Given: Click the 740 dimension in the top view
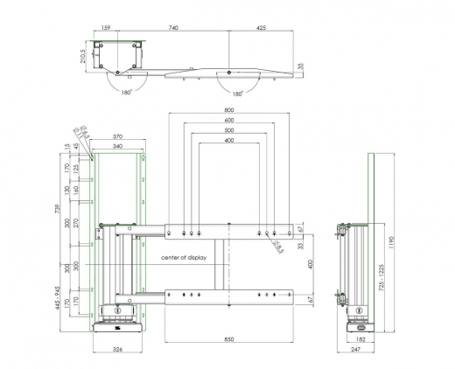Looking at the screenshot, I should tap(173, 29).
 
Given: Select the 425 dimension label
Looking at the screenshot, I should tap(262, 29).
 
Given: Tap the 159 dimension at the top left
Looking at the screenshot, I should tap(105, 29).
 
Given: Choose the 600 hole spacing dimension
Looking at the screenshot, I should tap(229, 121).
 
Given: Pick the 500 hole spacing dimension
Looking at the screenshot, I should tap(229, 130).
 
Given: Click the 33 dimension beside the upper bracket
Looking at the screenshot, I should tap(299, 247).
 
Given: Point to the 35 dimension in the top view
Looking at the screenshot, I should tap(301, 66).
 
